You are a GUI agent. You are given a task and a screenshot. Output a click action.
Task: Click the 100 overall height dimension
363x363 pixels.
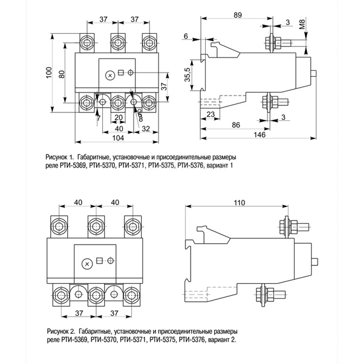pyautogui.click(x=48, y=73)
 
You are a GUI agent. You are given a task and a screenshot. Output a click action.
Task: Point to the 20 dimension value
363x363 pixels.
pyautogui.click(x=119, y=117)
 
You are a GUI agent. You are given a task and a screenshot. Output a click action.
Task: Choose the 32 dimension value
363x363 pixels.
pyautogui.click(x=145, y=128)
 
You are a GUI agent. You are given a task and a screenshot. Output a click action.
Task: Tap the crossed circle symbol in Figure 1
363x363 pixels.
pyautogui.click(x=110, y=75)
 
